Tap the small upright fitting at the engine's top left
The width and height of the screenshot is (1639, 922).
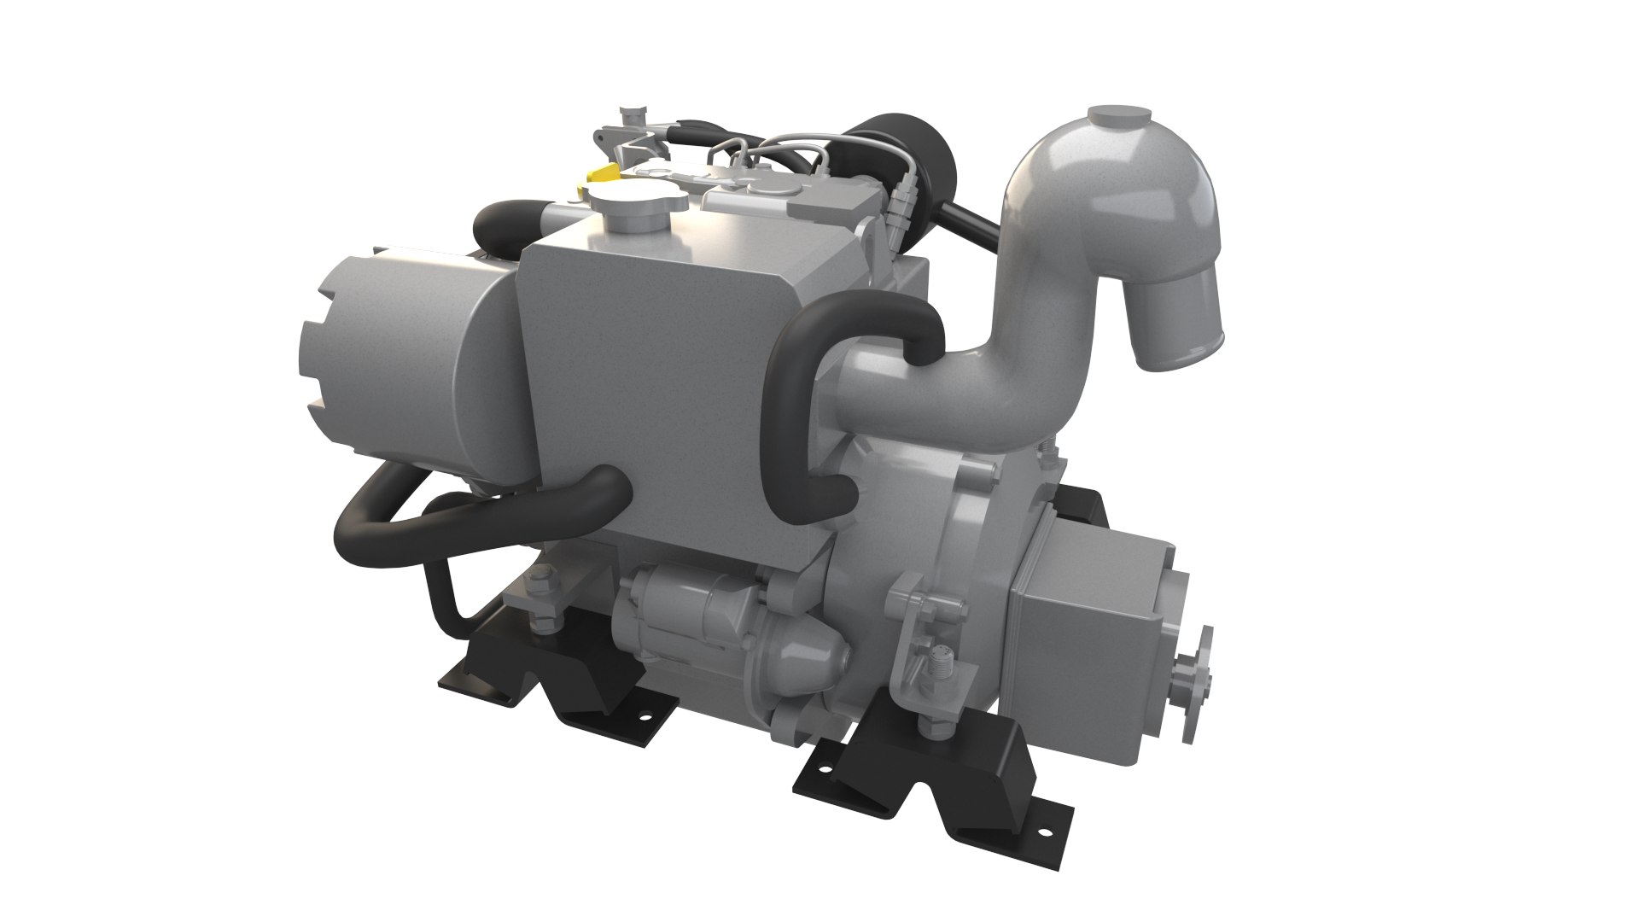[x=630, y=117]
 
